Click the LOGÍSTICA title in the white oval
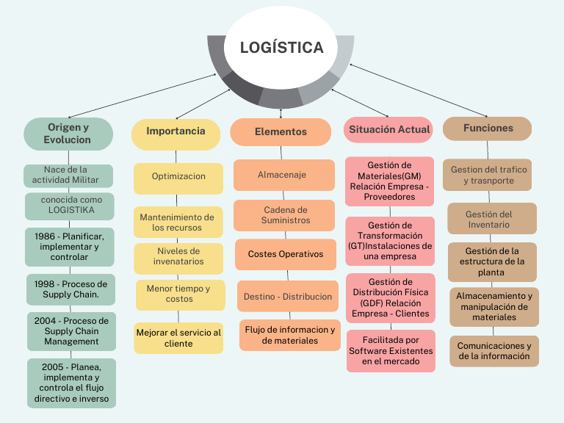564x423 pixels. click(281, 48)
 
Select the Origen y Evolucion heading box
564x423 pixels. click(68, 134)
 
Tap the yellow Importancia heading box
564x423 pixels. click(176, 131)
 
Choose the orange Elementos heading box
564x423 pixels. click(281, 132)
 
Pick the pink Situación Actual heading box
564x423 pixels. click(389, 130)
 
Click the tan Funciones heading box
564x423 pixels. click(488, 129)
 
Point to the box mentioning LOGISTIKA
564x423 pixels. click(69, 205)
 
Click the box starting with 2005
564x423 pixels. click(71, 383)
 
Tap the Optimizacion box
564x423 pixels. click(178, 177)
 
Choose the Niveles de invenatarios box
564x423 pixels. click(178, 256)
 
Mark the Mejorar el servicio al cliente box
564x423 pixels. click(178, 338)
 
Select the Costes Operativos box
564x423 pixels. click(285, 255)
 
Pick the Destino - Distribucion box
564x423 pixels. click(288, 297)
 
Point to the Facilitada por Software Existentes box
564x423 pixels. click(391, 351)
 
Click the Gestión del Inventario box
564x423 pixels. click(489, 220)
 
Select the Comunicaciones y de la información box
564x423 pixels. click(493, 351)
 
